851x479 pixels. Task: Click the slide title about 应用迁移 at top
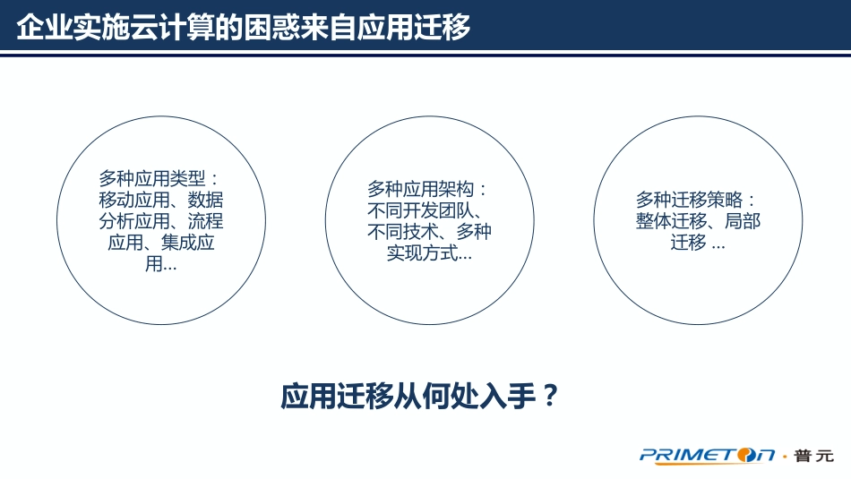pos(244,27)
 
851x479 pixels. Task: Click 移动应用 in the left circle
pos(129,200)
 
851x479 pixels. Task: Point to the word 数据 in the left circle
pos(205,200)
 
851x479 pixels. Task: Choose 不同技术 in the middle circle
pos(398,233)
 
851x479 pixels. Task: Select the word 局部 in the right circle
pos(743,221)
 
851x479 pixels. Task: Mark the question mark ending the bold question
pos(552,395)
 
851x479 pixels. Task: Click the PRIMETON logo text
pos(708,456)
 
